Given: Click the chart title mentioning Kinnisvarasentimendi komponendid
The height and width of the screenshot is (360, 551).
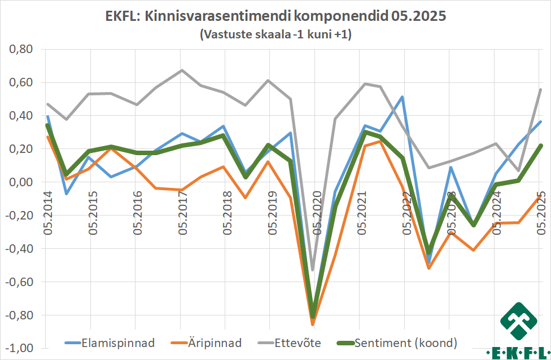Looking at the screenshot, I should pos(275,16).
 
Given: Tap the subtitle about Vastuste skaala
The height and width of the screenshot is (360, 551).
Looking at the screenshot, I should pos(275,34).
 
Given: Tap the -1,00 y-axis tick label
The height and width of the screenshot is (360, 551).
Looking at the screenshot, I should pos(19,348).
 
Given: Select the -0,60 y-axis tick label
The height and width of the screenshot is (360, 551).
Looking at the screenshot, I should pos(19,282).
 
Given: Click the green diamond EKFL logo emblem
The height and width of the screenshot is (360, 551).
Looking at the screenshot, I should pos(519,322).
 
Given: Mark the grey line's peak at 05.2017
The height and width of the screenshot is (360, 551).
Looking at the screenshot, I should pos(181,71).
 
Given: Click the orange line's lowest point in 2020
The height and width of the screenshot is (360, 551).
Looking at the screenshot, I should pos(313,324).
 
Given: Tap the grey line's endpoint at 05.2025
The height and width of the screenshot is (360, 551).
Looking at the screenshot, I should pos(540,90).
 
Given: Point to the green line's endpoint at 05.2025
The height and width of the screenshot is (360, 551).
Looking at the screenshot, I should pos(540,146).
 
